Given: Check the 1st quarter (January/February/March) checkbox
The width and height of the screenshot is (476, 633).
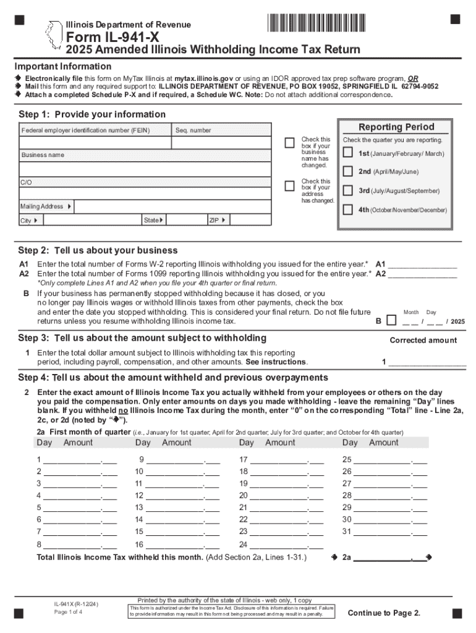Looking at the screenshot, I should (348, 153).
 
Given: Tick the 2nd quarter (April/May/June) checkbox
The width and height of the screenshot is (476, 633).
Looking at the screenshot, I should (348, 171).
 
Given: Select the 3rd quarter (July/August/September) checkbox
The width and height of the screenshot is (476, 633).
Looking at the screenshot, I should (348, 190).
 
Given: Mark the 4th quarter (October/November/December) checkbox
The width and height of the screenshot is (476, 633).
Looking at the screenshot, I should (348, 210).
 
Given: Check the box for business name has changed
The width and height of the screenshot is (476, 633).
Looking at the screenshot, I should (289, 143).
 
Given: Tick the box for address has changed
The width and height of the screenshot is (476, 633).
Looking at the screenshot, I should (289, 186).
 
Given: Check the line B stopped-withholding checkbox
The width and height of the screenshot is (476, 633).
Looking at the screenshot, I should (391, 320).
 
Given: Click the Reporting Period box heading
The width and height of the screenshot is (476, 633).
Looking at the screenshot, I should (396, 127).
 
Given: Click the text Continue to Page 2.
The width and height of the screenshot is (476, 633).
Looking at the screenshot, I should (384, 613).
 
